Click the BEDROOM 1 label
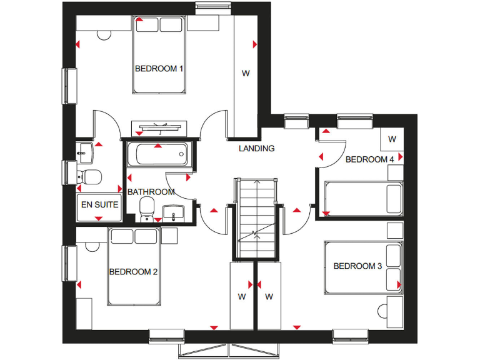(159, 69)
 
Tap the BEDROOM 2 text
(132, 272)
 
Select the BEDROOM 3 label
(357, 266)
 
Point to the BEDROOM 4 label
(370, 159)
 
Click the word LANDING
(256, 149)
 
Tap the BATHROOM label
(151, 192)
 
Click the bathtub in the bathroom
(159, 153)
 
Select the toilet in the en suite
(91, 177)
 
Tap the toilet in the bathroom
(147, 208)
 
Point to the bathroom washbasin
(172, 212)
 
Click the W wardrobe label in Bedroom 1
(246, 73)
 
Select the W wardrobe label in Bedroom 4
(392, 139)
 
